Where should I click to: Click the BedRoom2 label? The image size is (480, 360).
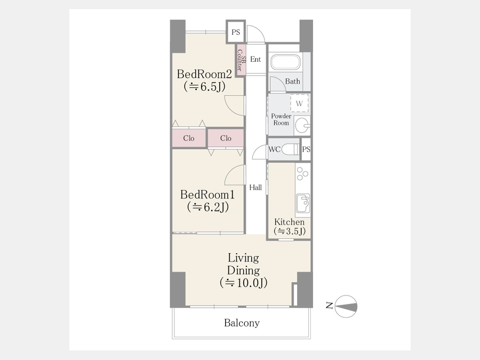pos(204,74)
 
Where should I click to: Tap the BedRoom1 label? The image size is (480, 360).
pos(207,195)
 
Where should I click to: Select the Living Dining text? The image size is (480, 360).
pos(243,264)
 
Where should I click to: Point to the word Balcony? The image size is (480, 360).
pos(242,323)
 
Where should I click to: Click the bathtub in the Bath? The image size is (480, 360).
pos(286,62)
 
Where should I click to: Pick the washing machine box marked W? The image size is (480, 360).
pos(299,103)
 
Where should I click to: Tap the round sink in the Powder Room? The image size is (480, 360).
pos(302,125)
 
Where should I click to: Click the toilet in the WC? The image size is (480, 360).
pos(290,149)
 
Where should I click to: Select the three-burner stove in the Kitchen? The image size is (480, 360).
pos(302,173)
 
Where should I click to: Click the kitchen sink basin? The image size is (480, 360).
pos(303,203)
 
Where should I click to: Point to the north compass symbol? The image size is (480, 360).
pos(346,306)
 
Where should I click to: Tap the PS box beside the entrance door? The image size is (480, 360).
pos(236,32)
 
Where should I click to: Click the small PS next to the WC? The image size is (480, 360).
pos(306,149)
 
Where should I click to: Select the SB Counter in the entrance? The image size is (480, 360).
pos(241,60)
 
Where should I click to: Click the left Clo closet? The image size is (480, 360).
pos(189,138)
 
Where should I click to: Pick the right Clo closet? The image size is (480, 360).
pos(226,138)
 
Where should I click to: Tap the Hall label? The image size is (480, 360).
pos(255,187)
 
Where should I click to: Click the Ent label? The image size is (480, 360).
pos(255,59)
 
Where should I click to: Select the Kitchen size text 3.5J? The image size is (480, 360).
pos(290,231)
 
